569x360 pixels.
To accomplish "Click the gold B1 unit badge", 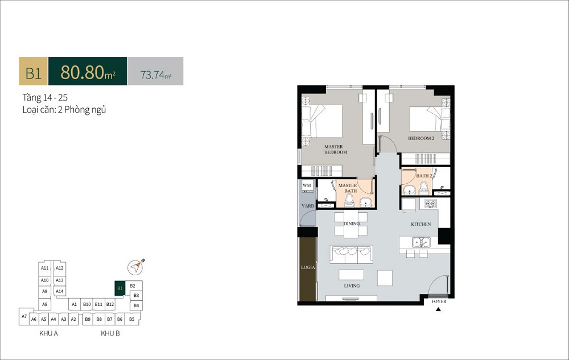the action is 33,71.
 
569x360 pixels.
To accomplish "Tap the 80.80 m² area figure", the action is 88,72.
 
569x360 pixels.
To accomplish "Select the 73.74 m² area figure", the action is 156,75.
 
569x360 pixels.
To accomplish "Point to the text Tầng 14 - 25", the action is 45,97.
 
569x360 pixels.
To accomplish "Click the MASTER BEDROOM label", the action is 336,150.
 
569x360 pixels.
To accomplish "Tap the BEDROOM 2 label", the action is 421,138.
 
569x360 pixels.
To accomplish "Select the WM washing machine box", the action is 307,185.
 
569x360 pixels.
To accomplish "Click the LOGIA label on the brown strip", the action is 308,267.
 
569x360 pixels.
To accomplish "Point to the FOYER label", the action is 439,301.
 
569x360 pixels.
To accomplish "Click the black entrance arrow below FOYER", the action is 438,309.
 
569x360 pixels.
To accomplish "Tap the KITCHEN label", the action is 421,224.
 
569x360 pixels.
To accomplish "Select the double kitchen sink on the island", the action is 421,242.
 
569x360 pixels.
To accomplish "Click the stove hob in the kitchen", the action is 430,204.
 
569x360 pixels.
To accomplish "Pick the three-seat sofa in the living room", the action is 352,254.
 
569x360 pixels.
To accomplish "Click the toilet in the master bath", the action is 349,200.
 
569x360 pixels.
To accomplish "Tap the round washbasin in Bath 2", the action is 410,189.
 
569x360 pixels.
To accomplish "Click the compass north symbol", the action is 135,267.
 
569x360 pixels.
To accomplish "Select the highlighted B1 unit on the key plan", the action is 119,288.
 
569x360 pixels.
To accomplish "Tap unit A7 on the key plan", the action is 24,316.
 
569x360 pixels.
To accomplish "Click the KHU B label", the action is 110,333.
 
